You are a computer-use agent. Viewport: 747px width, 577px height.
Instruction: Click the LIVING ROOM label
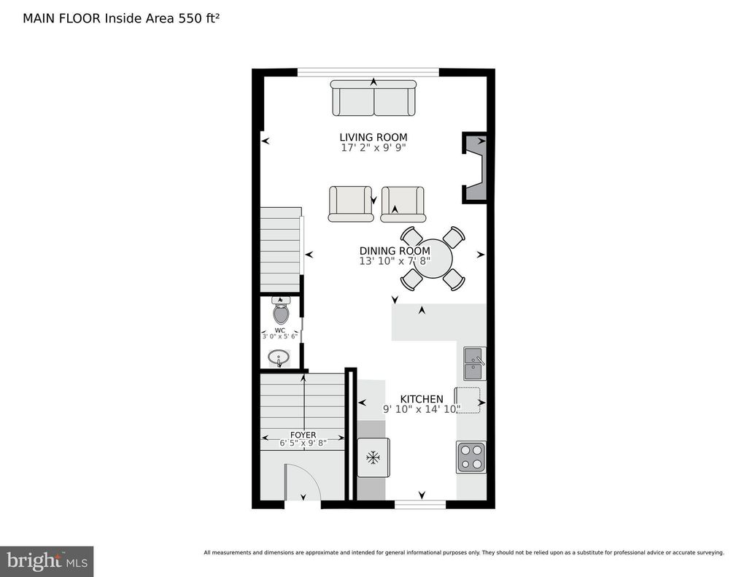(373, 137)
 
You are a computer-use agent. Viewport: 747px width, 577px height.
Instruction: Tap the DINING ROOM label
(395, 251)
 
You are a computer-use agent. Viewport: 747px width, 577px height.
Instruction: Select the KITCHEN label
(422, 399)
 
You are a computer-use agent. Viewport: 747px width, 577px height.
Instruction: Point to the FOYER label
(303, 435)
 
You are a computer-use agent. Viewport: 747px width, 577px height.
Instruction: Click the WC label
(279, 330)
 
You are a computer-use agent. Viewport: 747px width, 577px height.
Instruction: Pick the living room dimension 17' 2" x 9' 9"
(373, 147)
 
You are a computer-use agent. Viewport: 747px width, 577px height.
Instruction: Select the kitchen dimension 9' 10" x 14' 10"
(422, 408)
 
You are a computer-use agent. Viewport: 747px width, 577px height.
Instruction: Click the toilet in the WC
(281, 311)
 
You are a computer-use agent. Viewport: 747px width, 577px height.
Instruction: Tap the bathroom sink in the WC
(279, 357)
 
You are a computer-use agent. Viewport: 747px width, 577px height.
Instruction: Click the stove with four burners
(471, 457)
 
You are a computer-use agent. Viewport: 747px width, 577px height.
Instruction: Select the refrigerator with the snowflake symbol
(373, 458)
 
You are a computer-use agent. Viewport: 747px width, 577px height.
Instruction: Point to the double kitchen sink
(474, 363)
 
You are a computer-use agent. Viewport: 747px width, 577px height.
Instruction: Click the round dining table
(433, 259)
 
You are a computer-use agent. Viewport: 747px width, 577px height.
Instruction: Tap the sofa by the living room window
(373, 98)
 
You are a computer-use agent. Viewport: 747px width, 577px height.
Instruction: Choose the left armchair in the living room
(351, 204)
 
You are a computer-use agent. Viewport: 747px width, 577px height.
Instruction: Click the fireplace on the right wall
(474, 168)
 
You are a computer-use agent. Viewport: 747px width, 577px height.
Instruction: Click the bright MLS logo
(47, 561)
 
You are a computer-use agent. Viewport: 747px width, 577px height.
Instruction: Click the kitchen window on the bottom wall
(420, 504)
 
